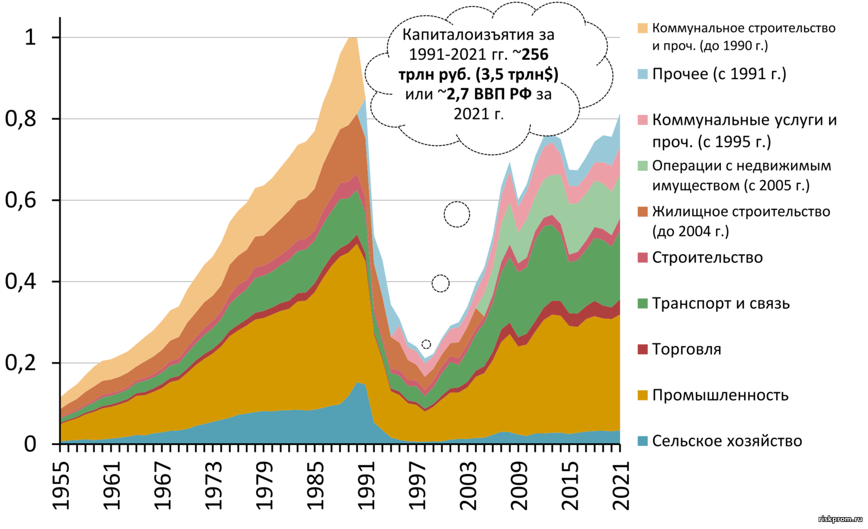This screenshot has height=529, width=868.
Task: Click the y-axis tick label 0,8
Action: (20, 119)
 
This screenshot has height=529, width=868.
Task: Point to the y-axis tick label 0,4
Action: (20, 282)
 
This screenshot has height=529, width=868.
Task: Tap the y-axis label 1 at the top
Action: (30, 37)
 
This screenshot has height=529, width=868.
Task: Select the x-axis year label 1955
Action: (62, 486)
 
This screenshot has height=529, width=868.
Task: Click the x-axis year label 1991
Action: (367, 486)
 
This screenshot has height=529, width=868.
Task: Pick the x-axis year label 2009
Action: (519, 486)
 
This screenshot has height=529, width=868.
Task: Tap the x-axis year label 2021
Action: (621, 486)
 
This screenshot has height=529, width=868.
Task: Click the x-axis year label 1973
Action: (214, 486)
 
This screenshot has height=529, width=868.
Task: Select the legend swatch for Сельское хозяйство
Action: (643, 441)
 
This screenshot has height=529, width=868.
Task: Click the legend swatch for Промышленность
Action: (643, 395)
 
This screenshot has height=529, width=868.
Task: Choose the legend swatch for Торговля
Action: (643, 349)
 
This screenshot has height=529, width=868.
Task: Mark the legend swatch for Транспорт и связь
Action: (643, 303)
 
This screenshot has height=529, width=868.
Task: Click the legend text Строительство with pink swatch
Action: (707, 258)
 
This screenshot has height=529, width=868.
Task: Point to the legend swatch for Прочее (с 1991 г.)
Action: (643, 74)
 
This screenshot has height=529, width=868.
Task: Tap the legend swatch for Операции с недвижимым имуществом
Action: (643, 166)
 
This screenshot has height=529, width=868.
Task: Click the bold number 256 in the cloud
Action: (535, 54)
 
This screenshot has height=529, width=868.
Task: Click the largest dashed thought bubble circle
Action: (457, 214)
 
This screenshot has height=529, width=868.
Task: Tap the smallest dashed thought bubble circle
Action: (426, 345)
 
